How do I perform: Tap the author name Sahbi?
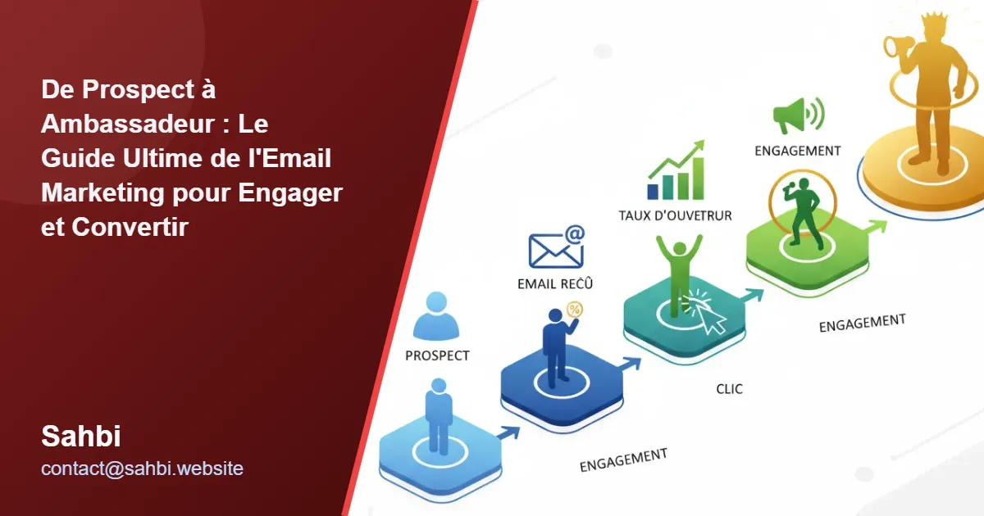(x=81, y=437)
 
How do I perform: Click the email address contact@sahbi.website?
(x=142, y=468)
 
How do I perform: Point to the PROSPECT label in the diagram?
(x=437, y=356)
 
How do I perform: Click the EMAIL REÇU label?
(x=555, y=284)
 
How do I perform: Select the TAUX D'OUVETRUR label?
(x=675, y=215)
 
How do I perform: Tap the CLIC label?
(x=729, y=389)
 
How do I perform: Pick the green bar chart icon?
(x=676, y=171)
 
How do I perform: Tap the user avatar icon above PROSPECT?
(x=436, y=316)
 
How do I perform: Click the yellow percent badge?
(x=575, y=309)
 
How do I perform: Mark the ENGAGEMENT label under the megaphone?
(x=797, y=151)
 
